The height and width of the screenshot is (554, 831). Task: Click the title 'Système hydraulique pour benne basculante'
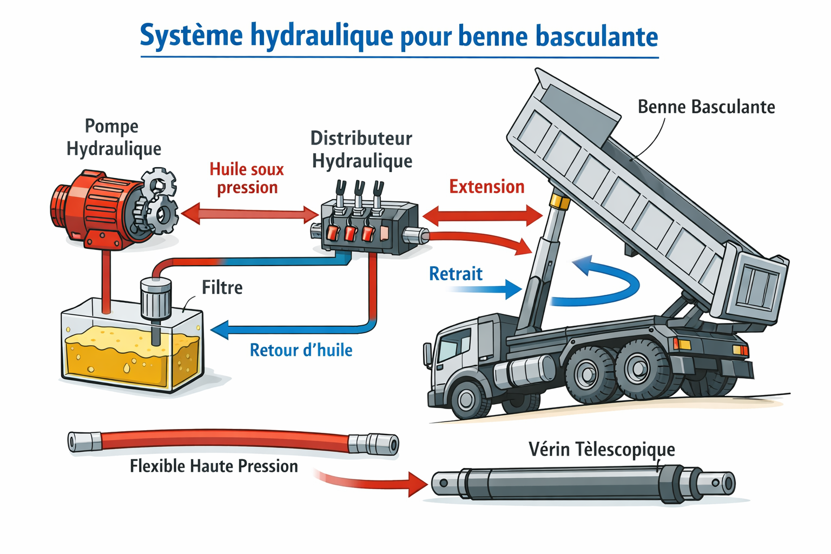tap(399, 36)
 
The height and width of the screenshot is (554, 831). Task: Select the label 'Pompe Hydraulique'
tap(113, 137)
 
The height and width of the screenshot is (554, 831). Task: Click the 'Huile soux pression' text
tap(247, 178)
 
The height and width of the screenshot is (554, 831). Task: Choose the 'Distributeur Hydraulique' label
tap(361, 149)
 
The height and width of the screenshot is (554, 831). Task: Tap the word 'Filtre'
tap(222, 287)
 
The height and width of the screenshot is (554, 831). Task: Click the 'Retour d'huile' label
tap(301, 350)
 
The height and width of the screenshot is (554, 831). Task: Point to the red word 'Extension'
tap(486, 187)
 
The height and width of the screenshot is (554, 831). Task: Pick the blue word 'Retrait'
tap(456, 274)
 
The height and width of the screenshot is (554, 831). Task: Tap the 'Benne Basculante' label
tap(706, 107)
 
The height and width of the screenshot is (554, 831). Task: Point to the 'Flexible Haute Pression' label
tap(214, 466)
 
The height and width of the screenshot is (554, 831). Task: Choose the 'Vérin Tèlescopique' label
tap(602, 450)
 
